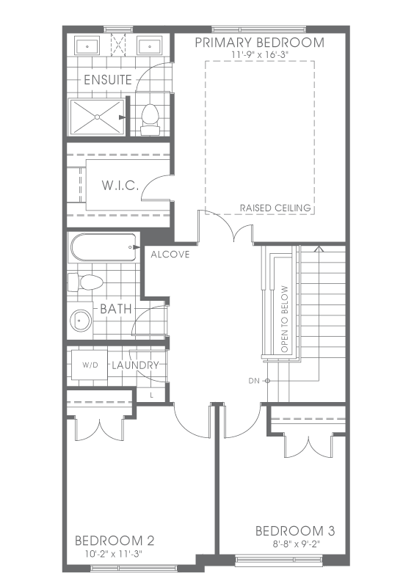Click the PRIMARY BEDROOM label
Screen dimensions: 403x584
(259, 43)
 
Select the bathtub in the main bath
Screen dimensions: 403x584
(104, 247)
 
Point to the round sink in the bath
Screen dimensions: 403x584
(81, 320)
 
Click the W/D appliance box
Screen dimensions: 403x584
(90, 365)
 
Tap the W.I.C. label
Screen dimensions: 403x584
(120, 185)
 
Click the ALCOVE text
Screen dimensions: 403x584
(170, 255)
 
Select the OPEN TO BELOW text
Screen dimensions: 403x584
(285, 319)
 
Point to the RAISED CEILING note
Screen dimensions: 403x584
(275, 208)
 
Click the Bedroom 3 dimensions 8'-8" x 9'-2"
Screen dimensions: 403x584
(296, 544)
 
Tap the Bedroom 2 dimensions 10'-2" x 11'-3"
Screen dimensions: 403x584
(114, 554)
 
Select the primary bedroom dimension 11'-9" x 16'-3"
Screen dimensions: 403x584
(260, 54)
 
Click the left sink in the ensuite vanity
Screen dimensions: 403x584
(87, 46)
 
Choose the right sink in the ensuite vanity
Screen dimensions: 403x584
(150, 46)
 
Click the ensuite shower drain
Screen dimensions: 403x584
(98, 117)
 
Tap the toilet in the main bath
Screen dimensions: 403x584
(85, 282)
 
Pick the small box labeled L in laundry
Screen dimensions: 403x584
(151, 395)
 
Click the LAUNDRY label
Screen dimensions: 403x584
(136, 365)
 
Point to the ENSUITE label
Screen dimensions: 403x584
(108, 80)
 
